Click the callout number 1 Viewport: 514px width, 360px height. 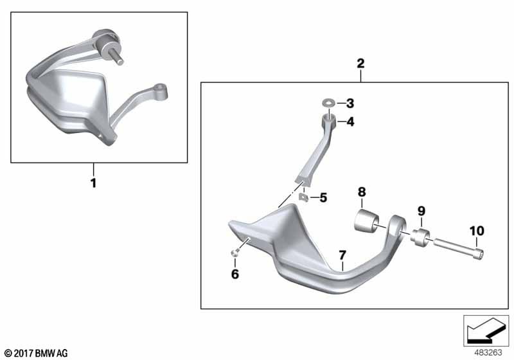(94, 183)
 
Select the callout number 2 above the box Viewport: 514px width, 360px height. (360, 63)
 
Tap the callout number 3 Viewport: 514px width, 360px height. (350, 104)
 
